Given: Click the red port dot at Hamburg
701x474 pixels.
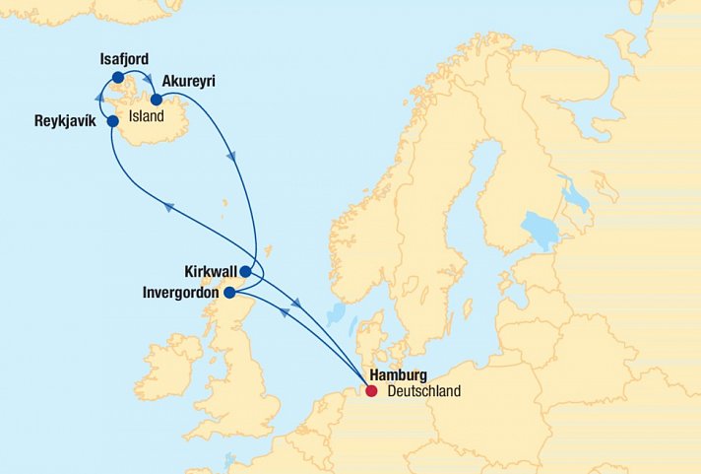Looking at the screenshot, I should coord(371,391).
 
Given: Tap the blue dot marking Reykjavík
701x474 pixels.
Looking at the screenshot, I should coord(113,121).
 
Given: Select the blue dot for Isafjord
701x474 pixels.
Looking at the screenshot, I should coord(118,77).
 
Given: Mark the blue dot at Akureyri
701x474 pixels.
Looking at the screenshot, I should coord(156,99).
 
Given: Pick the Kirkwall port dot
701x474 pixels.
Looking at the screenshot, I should coord(245,271).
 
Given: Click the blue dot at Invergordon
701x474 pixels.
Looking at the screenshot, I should coord(229,292).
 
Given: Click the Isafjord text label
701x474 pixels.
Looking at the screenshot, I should coord(124,59).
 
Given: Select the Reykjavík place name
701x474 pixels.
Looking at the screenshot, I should coord(67,122).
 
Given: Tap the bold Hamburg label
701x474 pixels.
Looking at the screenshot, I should coord(398,375).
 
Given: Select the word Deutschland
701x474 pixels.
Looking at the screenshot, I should coord(423,391).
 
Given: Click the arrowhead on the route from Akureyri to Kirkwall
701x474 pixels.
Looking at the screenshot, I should coord(231,155).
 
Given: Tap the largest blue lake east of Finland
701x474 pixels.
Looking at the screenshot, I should coord(541,233).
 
